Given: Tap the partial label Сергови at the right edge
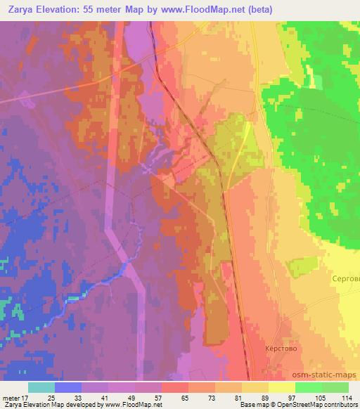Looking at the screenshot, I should point(345,279).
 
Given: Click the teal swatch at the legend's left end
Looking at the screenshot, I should point(41,387).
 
